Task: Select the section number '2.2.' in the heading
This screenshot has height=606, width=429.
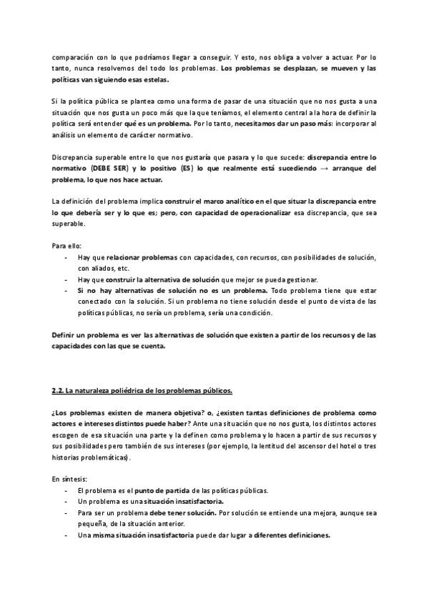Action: [58, 390]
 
